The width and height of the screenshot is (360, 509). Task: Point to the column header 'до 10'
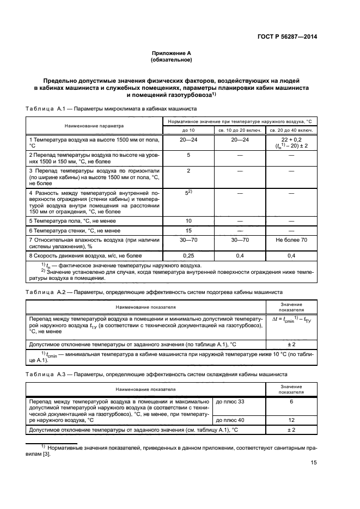coord(188,131)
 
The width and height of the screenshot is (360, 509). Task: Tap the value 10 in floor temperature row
coord(188,220)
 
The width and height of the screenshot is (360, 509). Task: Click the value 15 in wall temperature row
coord(188,230)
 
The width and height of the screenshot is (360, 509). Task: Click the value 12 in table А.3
coord(291,420)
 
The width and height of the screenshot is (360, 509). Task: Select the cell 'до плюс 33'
coord(230,401)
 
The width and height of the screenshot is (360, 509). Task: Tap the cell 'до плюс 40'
coord(230,420)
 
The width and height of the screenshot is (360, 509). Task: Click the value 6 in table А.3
coord(291,401)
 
